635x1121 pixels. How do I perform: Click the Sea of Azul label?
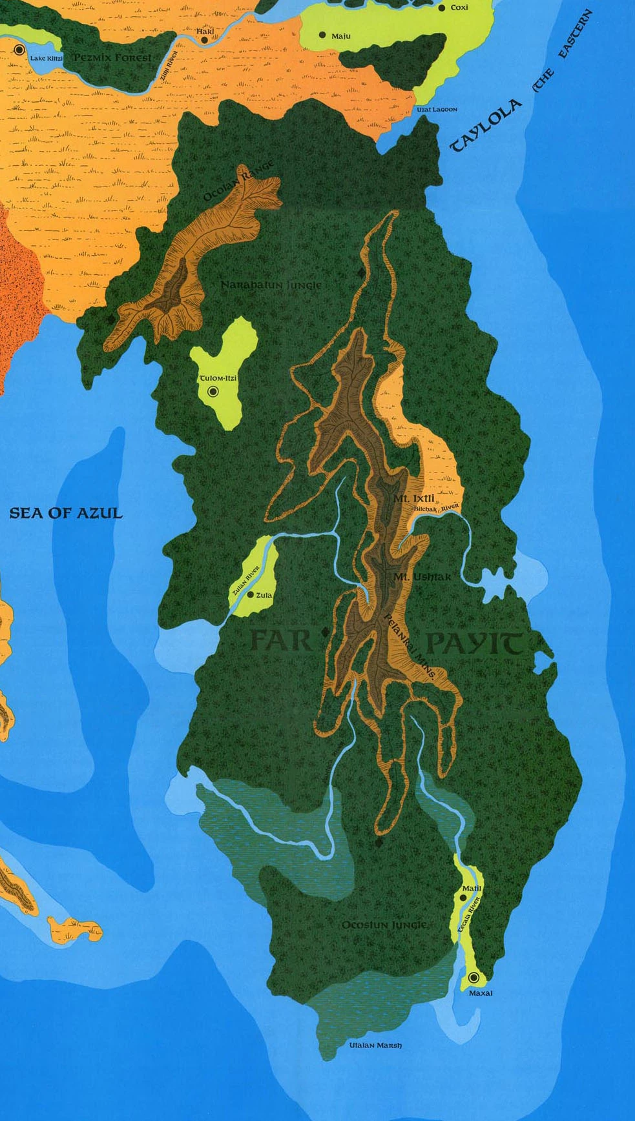pyautogui.click(x=65, y=513)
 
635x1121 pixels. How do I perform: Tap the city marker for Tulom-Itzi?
pyautogui.click(x=213, y=391)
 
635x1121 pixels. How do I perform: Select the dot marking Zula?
pyautogui.click(x=251, y=594)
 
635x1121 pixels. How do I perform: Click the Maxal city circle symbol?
pyautogui.click(x=474, y=978)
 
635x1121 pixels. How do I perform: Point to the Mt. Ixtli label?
pyautogui.click(x=414, y=498)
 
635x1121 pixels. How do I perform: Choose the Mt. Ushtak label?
pyautogui.click(x=422, y=576)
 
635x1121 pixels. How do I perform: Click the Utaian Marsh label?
pyautogui.click(x=375, y=1045)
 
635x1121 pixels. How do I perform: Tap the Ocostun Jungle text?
pyautogui.click(x=384, y=925)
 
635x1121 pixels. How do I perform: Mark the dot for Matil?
pyautogui.click(x=463, y=897)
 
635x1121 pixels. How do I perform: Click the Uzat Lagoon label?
pyautogui.click(x=436, y=110)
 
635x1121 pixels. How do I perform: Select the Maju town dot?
pyautogui.click(x=322, y=35)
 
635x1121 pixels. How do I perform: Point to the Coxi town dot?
pyautogui.click(x=442, y=8)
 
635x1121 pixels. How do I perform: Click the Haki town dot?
pyautogui.click(x=204, y=40)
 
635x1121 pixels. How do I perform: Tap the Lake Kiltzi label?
pyautogui.click(x=47, y=59)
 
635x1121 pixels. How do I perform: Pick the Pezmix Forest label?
pyautogui.click(x=112, y=57)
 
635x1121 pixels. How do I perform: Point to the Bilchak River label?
pyautogui.click(x=436, y=509)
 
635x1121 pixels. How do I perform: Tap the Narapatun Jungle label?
pyautogui.click(x=271, y=285)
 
